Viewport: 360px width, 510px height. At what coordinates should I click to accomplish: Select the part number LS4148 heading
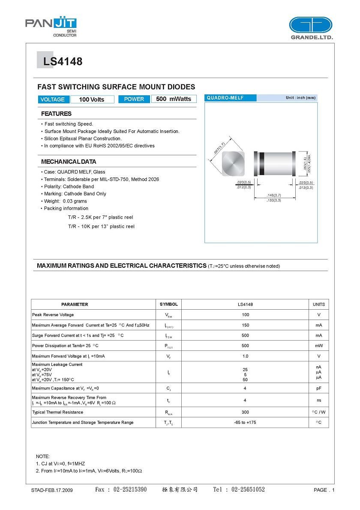pos(63,62)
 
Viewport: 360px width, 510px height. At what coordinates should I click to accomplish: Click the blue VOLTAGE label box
pos(53,99)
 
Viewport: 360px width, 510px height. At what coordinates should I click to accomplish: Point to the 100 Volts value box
pos(92,99)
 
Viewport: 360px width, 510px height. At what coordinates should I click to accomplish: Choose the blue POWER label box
pos(134,99)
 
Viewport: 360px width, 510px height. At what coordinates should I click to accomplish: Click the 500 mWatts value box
pos(174,99)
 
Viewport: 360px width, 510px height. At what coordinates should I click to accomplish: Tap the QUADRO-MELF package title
pos(225,98)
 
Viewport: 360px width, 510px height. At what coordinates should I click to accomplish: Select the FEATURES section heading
pos(56,114)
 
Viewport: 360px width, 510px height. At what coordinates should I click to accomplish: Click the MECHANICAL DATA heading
pos(69,162)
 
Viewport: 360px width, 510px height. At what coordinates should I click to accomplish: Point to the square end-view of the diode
pos(233,163)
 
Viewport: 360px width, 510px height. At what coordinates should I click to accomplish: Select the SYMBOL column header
pos(168,304)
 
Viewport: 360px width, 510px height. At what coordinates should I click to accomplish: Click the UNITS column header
pos(318,304)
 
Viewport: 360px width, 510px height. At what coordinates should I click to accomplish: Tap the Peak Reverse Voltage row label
pos(53,315)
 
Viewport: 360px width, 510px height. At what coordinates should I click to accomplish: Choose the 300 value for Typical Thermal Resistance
pos(245,412)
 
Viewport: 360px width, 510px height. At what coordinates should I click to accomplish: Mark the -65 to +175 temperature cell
pos(245,422)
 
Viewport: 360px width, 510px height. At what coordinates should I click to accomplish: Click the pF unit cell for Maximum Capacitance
pos(318,388)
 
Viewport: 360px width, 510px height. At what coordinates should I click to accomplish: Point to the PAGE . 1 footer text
pos(324,490)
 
